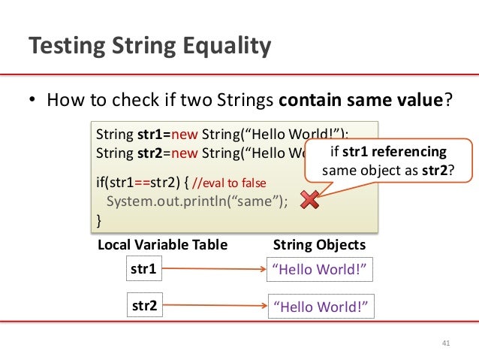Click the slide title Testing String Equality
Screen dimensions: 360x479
coord(149,47)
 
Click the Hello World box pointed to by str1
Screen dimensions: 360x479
coord(321,270)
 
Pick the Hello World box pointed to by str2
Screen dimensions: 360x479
coord(321,306)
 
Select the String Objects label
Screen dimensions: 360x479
coord(319,245)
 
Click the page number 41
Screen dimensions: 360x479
coord(446,344)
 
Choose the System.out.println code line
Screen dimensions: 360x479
coord(197,201)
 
